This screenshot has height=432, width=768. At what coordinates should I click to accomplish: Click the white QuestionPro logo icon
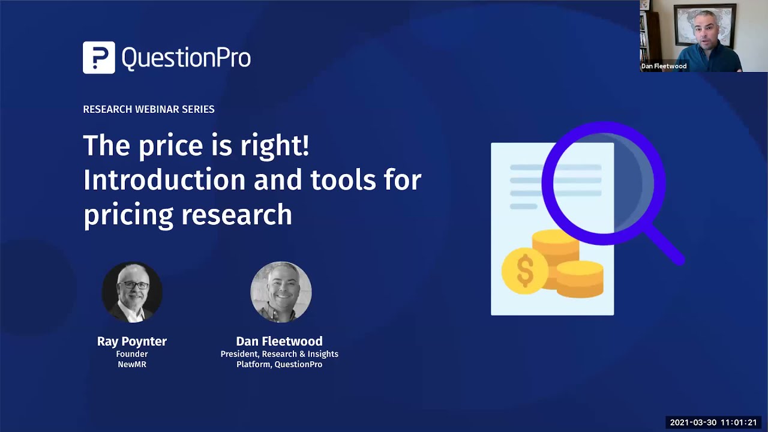pos(98,58)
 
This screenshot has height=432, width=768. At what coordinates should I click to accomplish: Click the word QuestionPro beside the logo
pos(186,58)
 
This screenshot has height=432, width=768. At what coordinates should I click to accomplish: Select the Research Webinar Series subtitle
pos(148,109)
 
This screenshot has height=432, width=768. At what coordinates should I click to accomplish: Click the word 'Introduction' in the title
pos(164,180)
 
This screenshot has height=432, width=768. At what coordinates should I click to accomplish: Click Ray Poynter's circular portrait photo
pos(131,292)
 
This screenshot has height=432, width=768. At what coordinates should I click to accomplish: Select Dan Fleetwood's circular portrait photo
pos(280,292)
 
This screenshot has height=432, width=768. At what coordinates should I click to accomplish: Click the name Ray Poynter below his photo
pos(131,341)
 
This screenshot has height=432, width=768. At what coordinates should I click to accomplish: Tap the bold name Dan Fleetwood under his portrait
pos(279,341)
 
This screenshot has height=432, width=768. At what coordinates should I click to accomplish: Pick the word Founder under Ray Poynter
pos(131,354)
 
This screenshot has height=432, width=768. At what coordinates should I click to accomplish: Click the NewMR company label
pos(131,364)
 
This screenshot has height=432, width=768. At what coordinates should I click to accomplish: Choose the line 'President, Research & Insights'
pos(279,354)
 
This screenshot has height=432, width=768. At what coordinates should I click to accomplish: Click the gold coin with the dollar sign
pos(524,271)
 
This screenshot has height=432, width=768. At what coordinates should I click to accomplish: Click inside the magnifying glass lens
pos(603,183)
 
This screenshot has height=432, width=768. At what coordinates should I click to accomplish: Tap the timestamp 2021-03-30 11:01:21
pos(713,422)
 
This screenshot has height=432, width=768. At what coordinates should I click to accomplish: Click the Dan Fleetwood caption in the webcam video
pos(664,66)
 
